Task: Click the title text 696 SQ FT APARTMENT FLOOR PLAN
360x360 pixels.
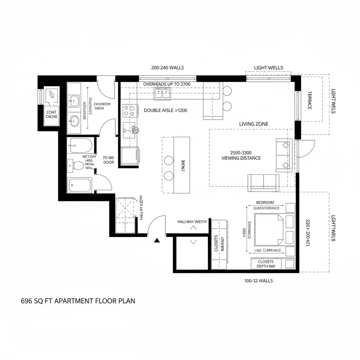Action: [x=78, y=301]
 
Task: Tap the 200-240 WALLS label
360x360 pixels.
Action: [x=167, y=67]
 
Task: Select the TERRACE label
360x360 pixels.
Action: [x=310, y=100]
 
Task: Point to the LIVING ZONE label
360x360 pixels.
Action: [x=253, y=124]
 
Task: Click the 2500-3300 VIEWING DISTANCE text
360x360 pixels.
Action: [x=241, y=155]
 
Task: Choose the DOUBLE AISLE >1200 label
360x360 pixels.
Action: [x=165, y=110]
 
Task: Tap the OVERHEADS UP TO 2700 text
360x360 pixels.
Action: [x=167, y=84]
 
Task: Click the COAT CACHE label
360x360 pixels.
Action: [x=51, y=114]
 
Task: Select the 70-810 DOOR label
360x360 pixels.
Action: [x=109, y=160]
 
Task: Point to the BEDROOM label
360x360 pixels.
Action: [x=265, y=202]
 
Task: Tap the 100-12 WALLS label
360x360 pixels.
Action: [x=258, y=281]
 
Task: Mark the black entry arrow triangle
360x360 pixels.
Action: [x=157, y=240]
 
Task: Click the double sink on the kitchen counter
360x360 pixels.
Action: [x=162, y=93]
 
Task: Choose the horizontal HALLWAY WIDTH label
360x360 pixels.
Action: [x=192, y=222]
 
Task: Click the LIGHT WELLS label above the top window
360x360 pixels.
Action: [x=268, y=67]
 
